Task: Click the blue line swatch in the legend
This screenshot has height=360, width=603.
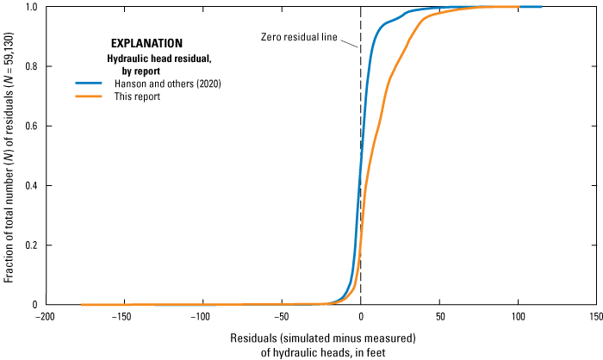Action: click(90, 84)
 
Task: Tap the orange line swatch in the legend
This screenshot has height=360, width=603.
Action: click(90, 97)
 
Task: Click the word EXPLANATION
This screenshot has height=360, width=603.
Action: click(146, 43)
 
